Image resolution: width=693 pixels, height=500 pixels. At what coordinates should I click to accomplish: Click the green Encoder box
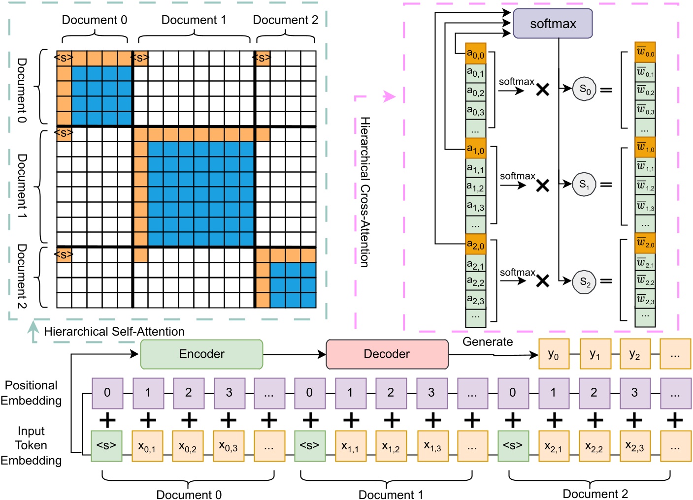point(201,354)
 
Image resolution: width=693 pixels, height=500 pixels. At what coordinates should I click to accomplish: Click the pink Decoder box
point(387,354)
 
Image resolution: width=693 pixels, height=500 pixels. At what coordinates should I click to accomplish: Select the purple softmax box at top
point(553,24)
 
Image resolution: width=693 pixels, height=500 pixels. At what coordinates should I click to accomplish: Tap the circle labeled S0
point(585,89)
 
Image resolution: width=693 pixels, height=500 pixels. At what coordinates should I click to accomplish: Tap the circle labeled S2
point(585,281)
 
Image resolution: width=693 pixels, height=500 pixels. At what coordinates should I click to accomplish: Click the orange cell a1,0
point(476,149)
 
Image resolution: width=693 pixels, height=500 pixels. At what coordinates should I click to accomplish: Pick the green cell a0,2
point(476,92)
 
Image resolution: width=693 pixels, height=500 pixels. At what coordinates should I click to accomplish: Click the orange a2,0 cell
point(476,244)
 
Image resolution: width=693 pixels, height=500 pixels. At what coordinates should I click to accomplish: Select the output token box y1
point(595,354)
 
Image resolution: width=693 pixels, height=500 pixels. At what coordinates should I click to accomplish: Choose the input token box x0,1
point(147,446)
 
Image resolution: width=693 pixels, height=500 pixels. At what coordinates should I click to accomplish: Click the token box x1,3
point(432,446)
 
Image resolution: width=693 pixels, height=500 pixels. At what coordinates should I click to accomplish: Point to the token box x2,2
point(594,446)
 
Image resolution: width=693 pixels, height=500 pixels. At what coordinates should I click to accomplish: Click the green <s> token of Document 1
point(309,446)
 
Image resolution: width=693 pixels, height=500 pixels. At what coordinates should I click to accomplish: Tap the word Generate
point(487,342)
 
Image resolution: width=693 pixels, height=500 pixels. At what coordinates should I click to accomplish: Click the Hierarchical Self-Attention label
point(114,331)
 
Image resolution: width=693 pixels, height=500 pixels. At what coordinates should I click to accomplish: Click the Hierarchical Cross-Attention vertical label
point(364,192)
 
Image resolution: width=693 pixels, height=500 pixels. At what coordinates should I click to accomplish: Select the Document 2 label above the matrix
point(285,20)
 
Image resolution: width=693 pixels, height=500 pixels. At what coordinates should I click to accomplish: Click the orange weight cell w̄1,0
point(645,147)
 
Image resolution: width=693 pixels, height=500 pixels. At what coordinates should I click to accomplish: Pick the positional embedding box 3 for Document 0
point(229,393)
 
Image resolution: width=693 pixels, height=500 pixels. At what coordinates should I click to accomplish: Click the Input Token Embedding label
point(31,445)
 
